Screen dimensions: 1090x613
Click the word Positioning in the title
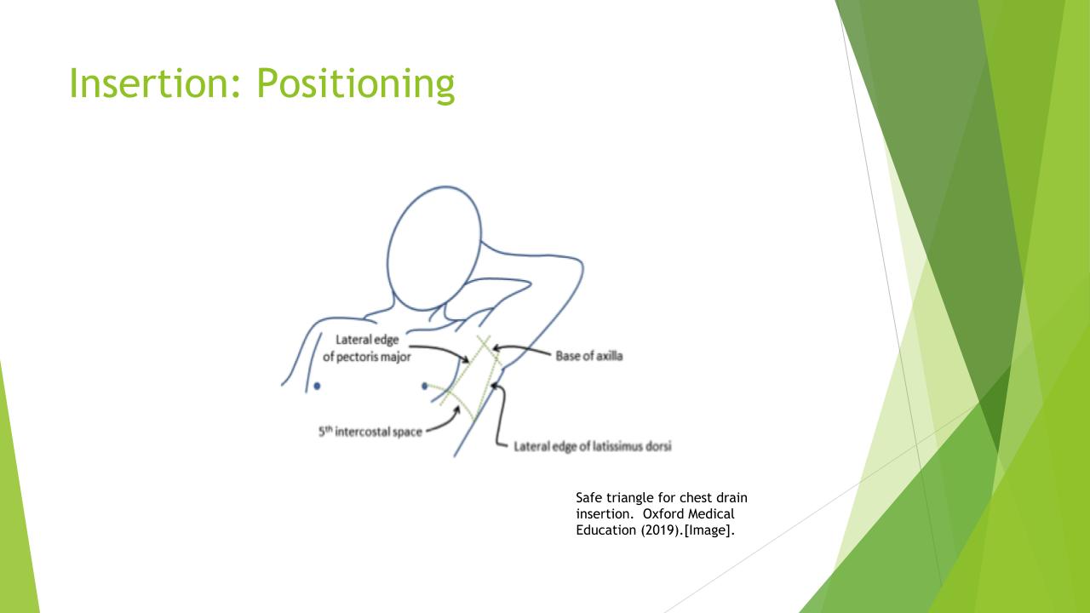point(356,85)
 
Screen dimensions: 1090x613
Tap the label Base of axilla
point(588,356)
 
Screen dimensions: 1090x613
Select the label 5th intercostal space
point(370,431)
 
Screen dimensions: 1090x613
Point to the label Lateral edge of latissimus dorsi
point(593,446)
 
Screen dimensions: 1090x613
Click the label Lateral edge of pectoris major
point(367,348)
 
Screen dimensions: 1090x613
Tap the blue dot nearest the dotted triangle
point(424,386)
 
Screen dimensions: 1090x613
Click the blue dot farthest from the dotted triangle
point(317,386)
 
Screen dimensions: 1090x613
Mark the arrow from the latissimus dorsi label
point(500,414)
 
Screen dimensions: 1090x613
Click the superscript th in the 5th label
point(329,428)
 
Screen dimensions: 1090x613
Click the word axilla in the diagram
point(609,356)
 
